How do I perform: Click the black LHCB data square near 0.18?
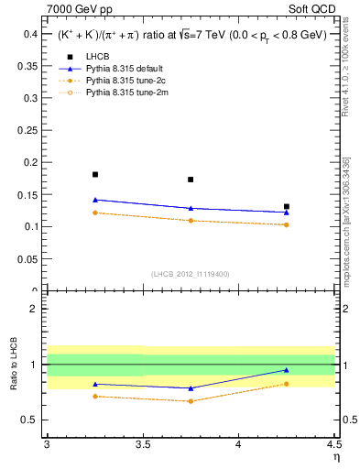tap(95, 174)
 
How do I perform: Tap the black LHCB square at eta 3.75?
tap(191, 180)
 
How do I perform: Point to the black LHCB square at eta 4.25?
tap(287, 207)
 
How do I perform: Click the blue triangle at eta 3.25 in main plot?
tap(95, 200)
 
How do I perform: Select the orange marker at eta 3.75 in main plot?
tap(191, 221)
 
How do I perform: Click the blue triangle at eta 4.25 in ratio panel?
tap(287, 370)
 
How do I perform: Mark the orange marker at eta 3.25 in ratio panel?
tap(95, 396)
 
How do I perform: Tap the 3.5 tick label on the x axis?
tap(142, 445)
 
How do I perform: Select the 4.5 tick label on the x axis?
tap(333, 445)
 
